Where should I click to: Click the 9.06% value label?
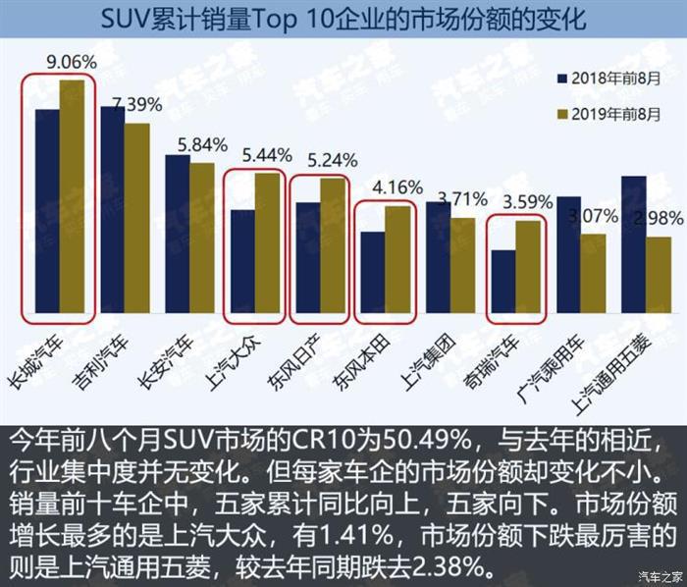click(x=72, y=62)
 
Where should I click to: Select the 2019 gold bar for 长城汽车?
click(x=72, y=196)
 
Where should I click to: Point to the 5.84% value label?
click(x=201, y=144)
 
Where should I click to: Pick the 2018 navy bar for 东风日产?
click(x=307, y=257)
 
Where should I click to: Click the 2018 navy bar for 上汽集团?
click(x=437, y=257)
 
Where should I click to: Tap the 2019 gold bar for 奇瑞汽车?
click(x=527, y=267)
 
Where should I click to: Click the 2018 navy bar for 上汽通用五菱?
click(x=632, y=244)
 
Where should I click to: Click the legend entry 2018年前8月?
click(x=609, y=76)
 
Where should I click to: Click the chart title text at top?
click(x=343, y=19)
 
